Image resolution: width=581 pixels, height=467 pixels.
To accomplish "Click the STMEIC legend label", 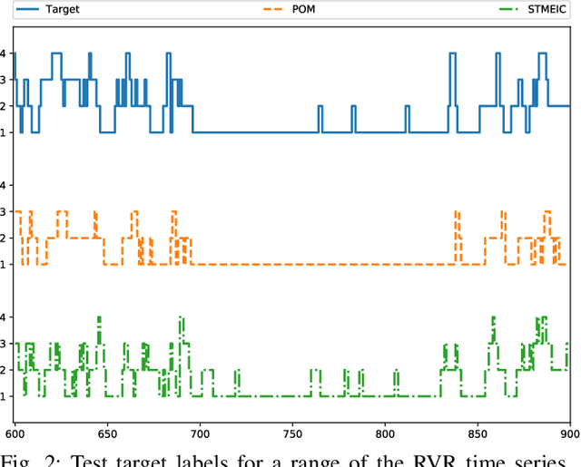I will click(x=544, y=9).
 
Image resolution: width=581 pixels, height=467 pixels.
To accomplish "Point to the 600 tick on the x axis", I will click(x=15, y=433).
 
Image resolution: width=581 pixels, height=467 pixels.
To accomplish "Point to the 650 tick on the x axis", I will click(x=107, y=433).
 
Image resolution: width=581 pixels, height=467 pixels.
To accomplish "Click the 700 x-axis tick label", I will click(x=199, y=433).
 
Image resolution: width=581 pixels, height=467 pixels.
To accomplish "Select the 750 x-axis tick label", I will click(x=291, y=433).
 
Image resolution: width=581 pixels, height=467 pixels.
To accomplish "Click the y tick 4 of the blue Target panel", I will click(x=5, y=54).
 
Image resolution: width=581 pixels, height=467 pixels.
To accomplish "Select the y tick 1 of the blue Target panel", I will click(x=5, y=132).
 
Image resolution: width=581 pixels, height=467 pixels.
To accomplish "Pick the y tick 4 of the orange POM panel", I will click(x=5, y=185).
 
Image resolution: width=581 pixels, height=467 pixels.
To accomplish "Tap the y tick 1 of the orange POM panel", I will click(x=5, y=264).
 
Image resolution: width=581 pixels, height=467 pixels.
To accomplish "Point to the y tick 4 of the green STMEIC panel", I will click(x=5, y=317).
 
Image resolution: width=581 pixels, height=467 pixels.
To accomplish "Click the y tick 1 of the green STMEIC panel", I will click(x=5, y=396).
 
